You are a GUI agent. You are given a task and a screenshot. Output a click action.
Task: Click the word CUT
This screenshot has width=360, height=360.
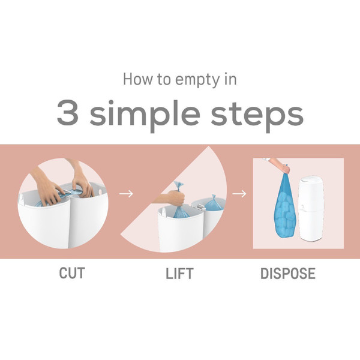72,273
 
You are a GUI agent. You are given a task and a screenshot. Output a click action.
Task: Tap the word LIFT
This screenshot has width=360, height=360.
179,274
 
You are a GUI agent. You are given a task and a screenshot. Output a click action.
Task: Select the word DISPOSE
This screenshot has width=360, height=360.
288,273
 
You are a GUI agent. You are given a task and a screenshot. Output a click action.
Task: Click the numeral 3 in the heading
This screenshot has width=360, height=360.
67,113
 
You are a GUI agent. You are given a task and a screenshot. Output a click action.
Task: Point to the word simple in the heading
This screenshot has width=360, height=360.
145,115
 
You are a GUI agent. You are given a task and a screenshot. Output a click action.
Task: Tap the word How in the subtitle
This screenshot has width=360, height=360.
138,79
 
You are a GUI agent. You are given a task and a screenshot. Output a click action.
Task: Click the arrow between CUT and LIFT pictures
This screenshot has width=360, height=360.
126,194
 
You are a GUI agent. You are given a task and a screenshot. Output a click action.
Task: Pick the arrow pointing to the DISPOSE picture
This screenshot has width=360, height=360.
239,194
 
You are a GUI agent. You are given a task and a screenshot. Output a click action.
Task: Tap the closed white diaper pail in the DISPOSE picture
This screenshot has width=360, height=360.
311,208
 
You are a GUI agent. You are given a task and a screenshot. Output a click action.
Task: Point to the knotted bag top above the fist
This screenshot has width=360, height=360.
178,186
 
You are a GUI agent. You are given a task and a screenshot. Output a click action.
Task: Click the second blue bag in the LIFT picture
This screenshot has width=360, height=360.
213,203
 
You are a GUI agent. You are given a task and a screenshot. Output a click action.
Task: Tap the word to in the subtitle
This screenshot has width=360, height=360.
164,79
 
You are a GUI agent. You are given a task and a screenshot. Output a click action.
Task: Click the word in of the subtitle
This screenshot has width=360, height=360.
230,79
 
